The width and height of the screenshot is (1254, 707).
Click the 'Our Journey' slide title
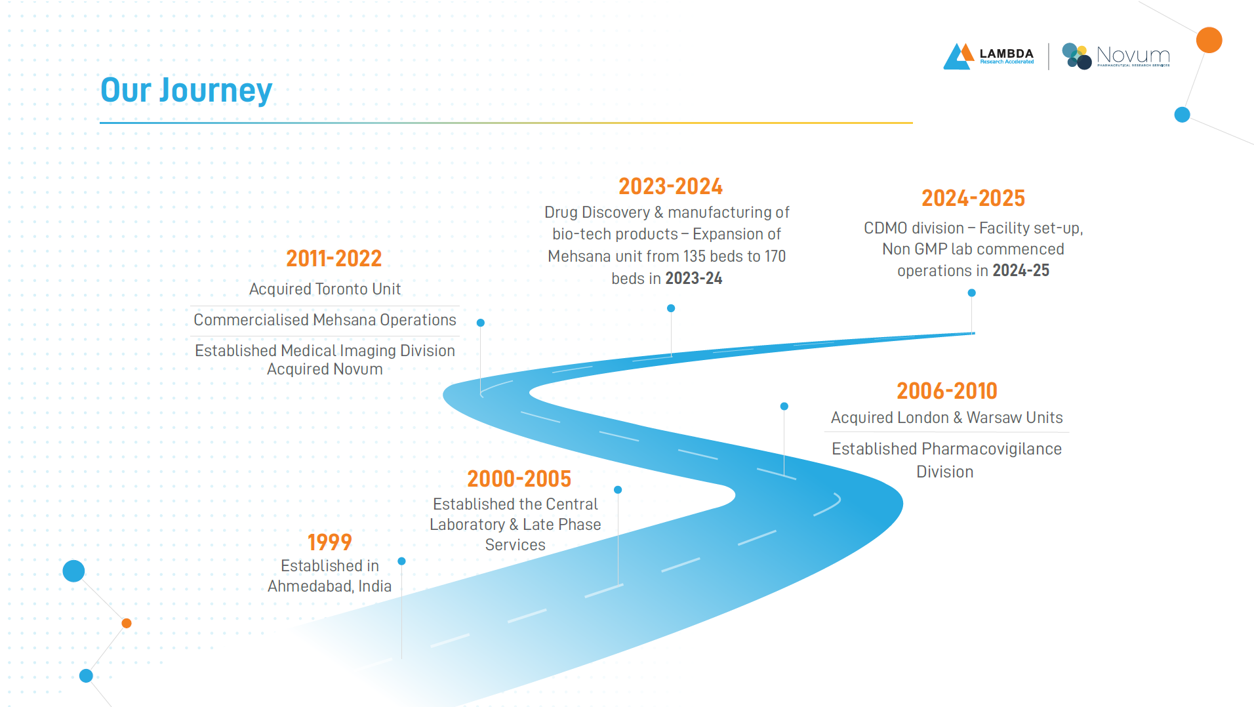[186, 91]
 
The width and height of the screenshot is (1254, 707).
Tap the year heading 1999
[330, 542]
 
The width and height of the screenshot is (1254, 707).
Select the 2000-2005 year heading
[519, 479]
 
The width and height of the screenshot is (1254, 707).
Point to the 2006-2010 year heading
[947, 391]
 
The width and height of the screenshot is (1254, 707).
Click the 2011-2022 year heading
[334, 258]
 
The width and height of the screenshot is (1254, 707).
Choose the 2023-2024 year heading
[670, 186]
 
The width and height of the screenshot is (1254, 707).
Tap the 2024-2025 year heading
[973, 198]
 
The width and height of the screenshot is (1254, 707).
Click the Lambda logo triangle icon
[958, 56]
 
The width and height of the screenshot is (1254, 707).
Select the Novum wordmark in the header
[1133, 55]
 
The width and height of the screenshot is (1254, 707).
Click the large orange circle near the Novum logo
[1209, 40]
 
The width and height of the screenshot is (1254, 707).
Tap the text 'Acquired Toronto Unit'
[325, 289]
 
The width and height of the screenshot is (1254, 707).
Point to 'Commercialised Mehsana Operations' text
[325, 320]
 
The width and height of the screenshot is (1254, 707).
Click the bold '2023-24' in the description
[694, 279]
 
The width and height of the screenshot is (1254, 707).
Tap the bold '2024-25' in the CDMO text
[1021, 271]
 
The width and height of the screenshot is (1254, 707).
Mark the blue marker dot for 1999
[401, 561]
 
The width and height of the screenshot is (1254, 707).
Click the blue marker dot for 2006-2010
[784, 407]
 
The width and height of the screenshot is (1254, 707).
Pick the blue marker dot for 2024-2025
[972, 293]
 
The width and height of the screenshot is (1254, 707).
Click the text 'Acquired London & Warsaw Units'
[946, 418]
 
